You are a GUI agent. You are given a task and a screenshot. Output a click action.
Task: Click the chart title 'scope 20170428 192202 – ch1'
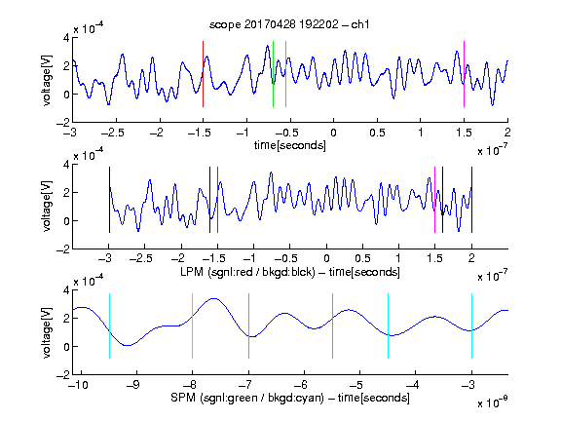point(289,24)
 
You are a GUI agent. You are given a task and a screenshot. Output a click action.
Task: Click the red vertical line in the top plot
point(203,74)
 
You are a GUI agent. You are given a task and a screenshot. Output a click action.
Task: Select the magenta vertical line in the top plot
point(464,74)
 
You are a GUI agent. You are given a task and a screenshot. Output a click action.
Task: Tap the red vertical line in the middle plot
point(217,200)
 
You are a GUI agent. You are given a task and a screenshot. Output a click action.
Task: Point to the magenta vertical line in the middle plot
point(434,200)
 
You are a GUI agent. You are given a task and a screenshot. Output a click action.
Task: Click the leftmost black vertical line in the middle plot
point(109,200)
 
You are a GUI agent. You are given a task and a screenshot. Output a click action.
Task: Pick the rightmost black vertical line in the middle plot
point(471,200)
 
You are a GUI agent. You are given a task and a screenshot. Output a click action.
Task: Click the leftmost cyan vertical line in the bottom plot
point(109,325)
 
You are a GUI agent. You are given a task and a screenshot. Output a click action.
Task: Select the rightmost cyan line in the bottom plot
point(471,325)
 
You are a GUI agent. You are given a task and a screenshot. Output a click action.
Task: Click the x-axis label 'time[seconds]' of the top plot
point(290,145)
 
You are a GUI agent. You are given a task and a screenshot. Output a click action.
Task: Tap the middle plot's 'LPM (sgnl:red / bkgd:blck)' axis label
point(247,272)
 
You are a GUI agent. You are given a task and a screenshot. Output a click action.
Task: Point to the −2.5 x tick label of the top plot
point(113,133)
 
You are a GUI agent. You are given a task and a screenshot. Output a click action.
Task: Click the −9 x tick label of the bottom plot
point(133,385)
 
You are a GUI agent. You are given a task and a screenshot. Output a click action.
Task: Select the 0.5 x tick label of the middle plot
point(362,258)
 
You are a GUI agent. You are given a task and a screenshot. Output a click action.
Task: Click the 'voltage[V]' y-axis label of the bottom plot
point(47,332)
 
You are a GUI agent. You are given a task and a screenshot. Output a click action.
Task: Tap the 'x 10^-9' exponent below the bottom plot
point(492,402)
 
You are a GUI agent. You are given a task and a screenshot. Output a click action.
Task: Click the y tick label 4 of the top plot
point(66,38)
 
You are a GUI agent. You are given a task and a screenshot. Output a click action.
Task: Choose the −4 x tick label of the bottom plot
point(413,385)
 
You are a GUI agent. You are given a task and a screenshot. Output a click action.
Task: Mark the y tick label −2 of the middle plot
point(63,249)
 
